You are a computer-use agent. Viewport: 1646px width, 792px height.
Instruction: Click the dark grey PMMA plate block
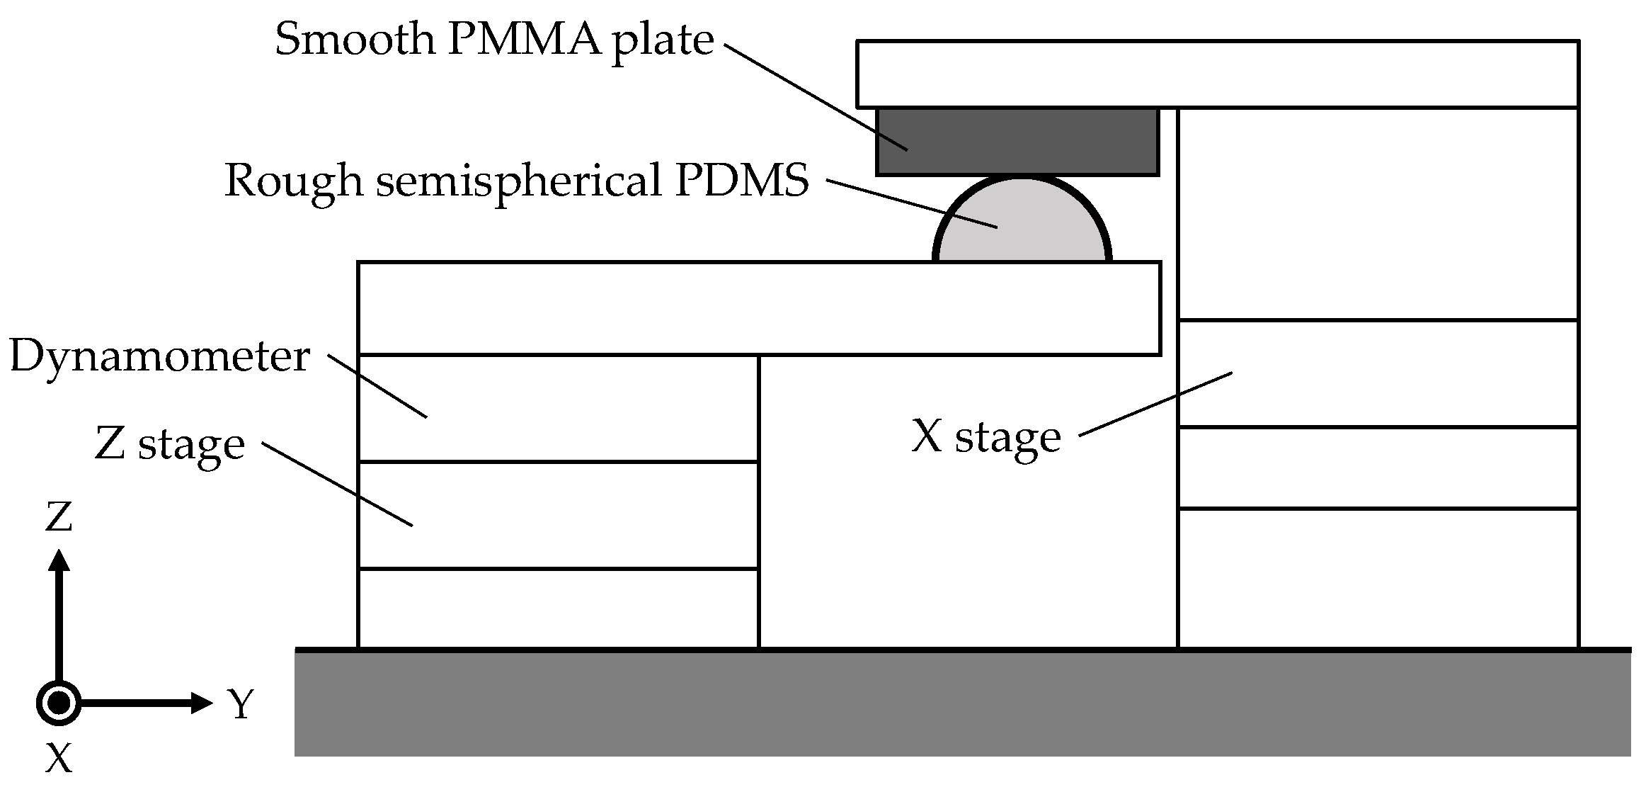pyautogui.click(x=1017, y=142)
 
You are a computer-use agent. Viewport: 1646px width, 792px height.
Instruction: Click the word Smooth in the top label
pyautogui.click(x=354, y=39)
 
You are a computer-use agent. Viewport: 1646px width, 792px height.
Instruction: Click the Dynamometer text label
pyautogui.click(x=159, y=356)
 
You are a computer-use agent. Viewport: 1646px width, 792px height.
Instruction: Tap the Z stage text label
pyautogui.click(x=170, y=444)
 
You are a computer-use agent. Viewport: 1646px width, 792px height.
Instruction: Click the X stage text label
pyautogui.click(x=985, y=437)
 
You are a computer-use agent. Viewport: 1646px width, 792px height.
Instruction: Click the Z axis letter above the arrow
pyautogui.click(x=59, y=517)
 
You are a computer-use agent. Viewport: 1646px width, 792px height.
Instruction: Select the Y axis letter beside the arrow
pyautogui.click(x=240, y=704)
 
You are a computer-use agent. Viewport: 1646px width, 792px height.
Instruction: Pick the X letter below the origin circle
pyautogui.click(x=59, y=759)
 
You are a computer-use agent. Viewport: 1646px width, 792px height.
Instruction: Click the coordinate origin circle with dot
pyautogui.click(x=59, y=703)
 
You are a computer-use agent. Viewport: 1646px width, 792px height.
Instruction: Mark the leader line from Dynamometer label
pyautogui.click(x=377, y=386)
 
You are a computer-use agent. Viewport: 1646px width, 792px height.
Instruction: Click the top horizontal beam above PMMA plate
pyautogui.click(x=1217, y=74)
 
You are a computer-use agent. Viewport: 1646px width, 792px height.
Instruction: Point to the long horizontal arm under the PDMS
pyautogui.click(x=758, y=308)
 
